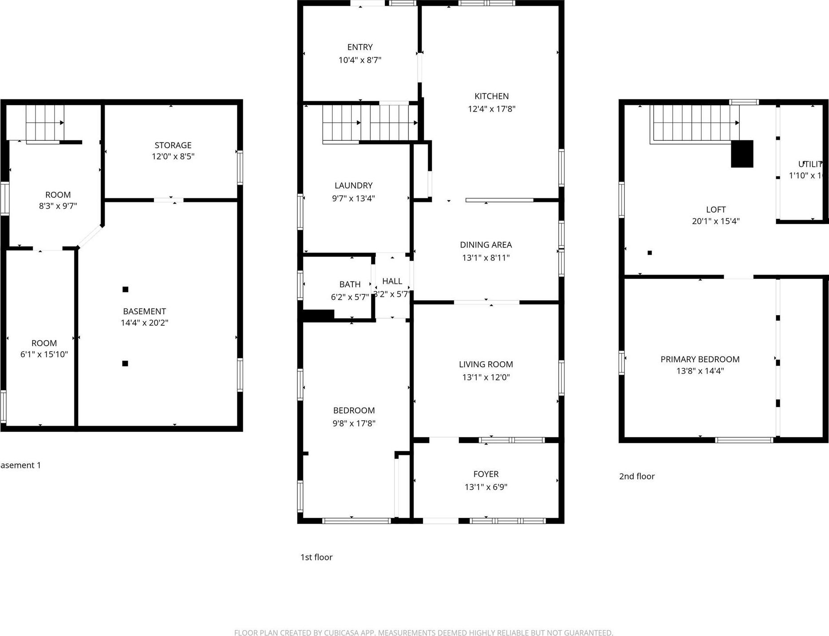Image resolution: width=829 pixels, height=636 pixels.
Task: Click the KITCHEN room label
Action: [x=491, y=96]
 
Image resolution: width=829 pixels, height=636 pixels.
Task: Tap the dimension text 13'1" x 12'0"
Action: [x=486, y=377]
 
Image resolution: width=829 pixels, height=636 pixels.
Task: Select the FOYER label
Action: [x=486, y=474]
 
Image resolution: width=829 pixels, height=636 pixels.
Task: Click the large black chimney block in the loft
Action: [x=742, y=154]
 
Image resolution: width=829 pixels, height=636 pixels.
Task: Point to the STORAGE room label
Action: [x=173, y=145]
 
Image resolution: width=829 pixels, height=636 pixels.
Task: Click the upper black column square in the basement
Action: [x=126, y=289]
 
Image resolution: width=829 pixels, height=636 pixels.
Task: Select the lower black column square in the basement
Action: [x=125, y=363]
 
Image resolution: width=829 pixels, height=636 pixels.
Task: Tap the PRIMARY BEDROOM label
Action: [x=700, y=359]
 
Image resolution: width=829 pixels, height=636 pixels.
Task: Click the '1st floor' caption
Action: [x=316, y=557]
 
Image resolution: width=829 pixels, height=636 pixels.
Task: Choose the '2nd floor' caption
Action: [x=637, y=476]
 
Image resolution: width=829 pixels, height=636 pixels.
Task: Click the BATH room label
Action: [x=350, y=284]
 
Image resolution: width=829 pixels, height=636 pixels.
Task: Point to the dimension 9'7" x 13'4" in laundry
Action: [x=353, y=198]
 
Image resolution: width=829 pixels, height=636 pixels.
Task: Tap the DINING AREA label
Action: [x=486, y=245]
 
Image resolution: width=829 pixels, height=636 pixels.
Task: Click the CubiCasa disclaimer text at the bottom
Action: [x=423, y=633]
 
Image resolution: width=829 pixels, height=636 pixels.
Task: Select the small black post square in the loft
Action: [x=650, y=253]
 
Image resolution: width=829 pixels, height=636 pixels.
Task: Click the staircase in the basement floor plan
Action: [x=44, y=122]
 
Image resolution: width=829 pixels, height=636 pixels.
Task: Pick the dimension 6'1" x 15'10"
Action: [x=44, y=354]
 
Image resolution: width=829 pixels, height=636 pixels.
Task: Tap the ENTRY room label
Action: [x=359, y=47]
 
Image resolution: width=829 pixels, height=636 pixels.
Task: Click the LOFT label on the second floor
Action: [x=715, y=209]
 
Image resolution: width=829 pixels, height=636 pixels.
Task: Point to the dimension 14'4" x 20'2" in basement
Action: [x=144, y=323]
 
